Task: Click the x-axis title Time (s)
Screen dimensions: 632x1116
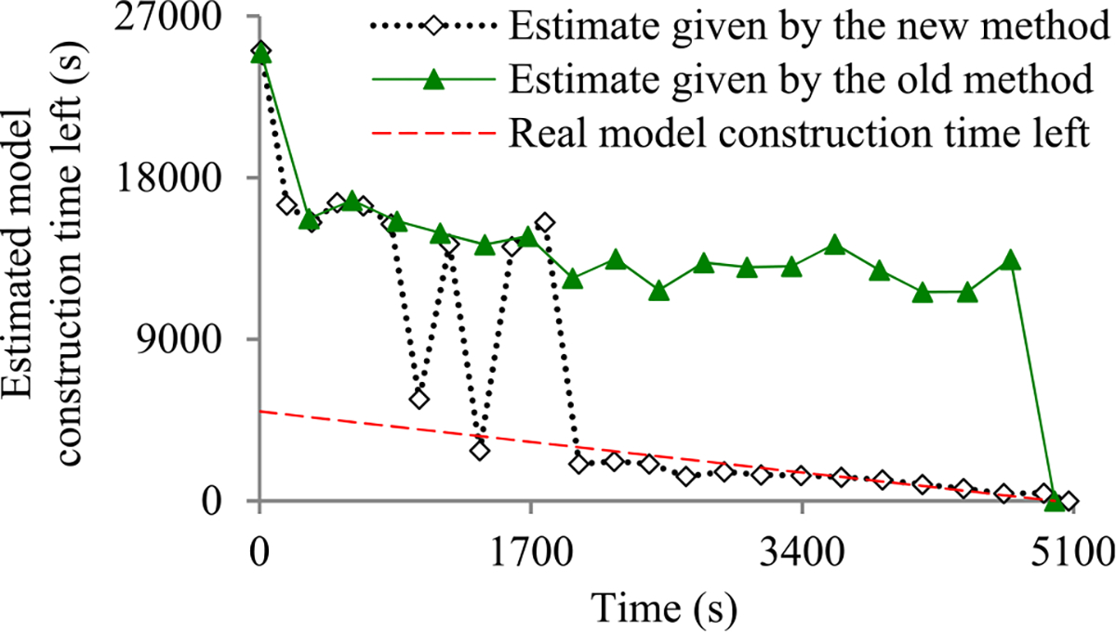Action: [x=662, y=609]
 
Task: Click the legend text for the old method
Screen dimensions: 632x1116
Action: [x=799, y=81]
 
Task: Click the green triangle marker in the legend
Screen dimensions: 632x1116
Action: [x=432, y=81]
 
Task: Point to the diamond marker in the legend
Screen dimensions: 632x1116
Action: [x=432, y=27]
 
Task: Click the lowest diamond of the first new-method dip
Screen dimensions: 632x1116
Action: [x=419, y=399]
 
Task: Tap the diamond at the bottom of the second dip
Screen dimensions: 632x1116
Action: [x=480, y=451]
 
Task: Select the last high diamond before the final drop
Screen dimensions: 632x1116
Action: [x=545, y=222]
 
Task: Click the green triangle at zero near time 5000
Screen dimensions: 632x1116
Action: [x=1054, y=502]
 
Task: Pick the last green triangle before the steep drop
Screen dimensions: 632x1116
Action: [x=1011, y=261]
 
